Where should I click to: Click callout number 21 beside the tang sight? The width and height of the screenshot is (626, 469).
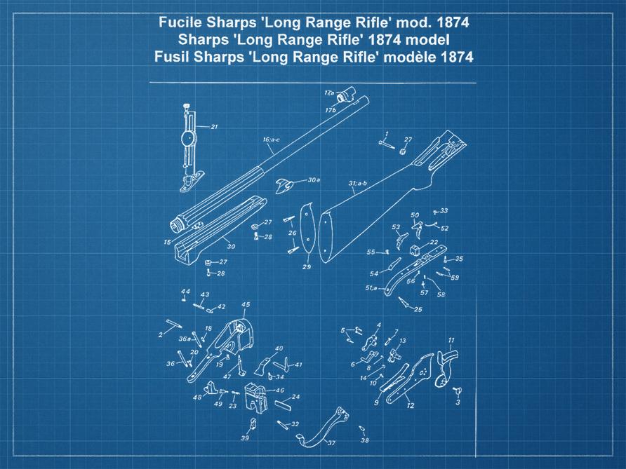pos(214,127)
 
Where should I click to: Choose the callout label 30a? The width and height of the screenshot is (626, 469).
pos(314,180)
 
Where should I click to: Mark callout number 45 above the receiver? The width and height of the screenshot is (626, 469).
pos(246,304)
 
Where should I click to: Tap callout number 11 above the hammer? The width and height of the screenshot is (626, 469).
pos(451,340)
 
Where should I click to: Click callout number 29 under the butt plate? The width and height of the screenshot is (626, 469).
pos(307,267)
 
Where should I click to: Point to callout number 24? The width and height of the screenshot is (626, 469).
pos(295,397)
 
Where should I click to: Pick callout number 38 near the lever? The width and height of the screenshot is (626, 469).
pos(365,440)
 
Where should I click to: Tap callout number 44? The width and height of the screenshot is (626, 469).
pos(185,291)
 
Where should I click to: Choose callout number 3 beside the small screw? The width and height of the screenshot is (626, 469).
pos(458,403)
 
